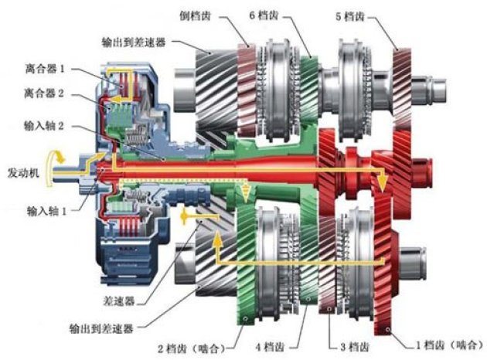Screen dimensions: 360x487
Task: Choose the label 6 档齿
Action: coord(266,15)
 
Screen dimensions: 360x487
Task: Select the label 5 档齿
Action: coord(353,15)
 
